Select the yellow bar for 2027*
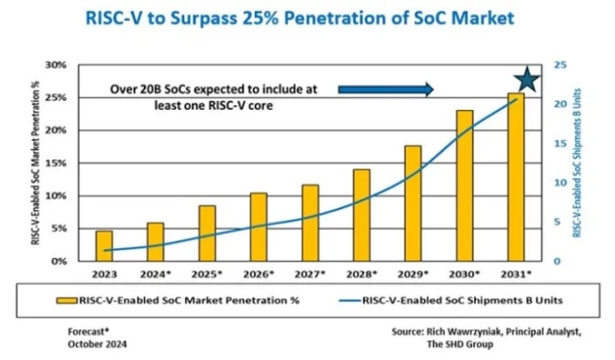click(310, 223)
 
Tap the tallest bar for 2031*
click(515, 177)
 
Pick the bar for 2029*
click(413, 203)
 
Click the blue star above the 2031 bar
click(526, 83)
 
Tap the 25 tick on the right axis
click(557, 65)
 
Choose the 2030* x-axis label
click(464, 275)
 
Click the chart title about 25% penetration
click(307, 18)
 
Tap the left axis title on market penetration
click(35, 163)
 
